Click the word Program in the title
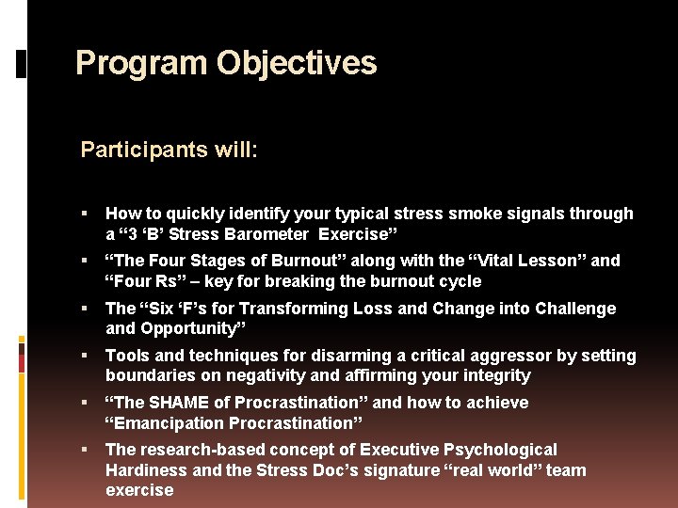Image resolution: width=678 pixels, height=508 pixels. click(x=141, y=64)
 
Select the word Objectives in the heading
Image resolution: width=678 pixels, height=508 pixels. click(x=297, y=64)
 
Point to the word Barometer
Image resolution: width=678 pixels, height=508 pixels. click(x=270, y=234)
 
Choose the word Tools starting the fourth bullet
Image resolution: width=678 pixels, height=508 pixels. click(x=127, y=356)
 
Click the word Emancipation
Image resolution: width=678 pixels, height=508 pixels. click(x=169, y=423)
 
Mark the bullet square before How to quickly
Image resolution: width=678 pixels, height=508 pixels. click(x=86, y=214)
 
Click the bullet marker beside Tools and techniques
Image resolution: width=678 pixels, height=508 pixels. click(x=86, y=356)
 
